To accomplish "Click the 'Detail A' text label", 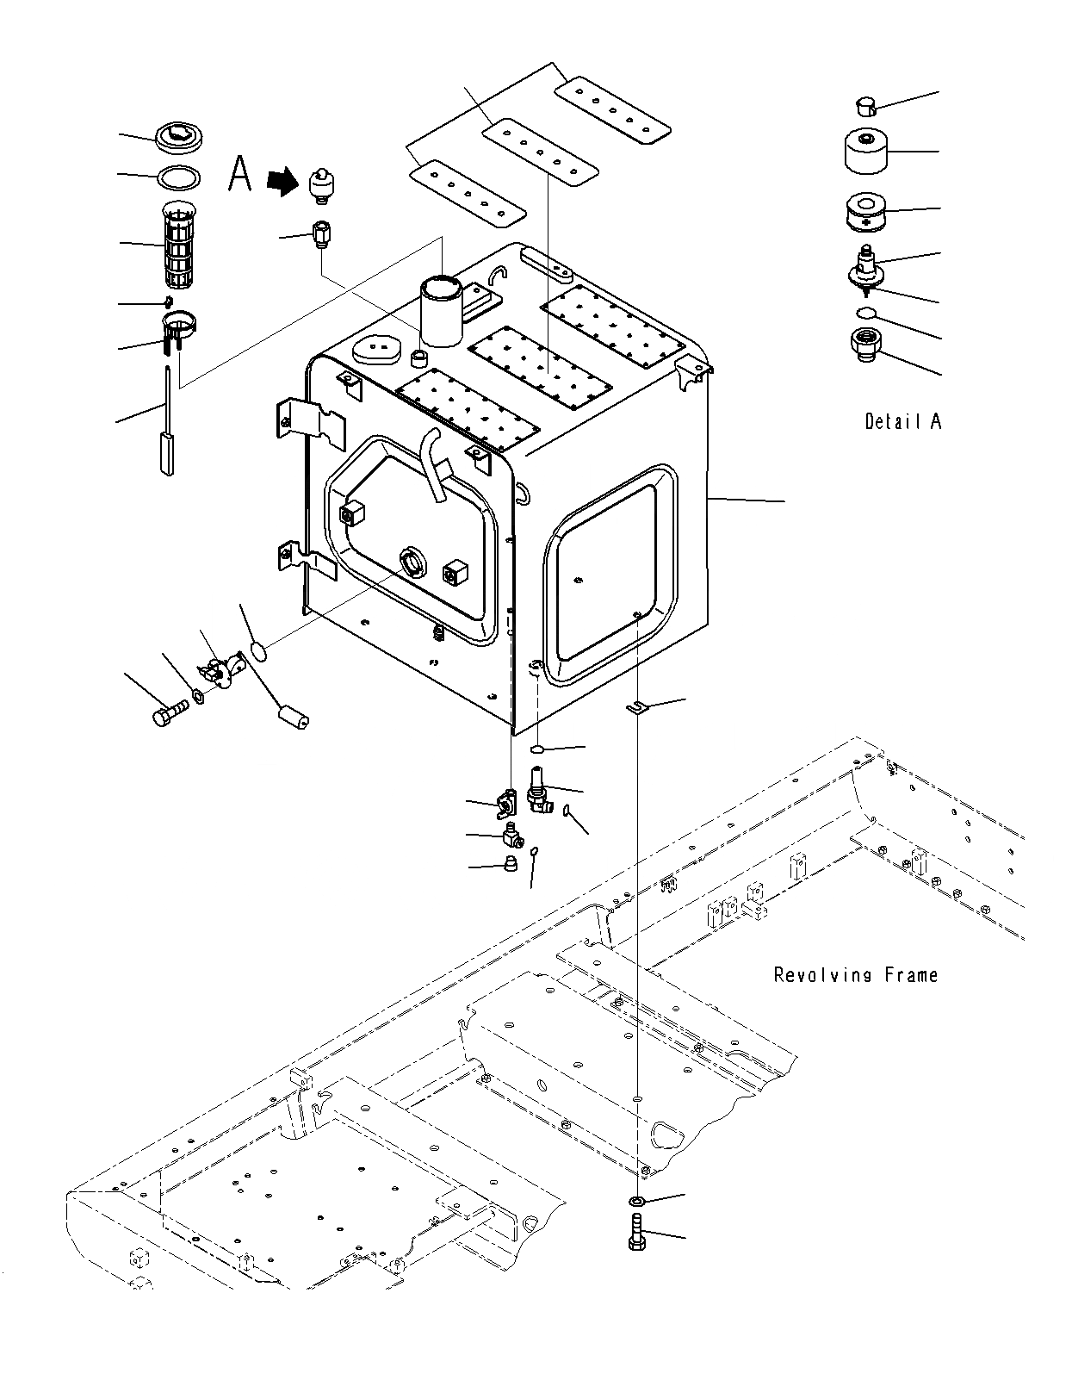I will (902, 421).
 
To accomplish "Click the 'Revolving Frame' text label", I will (855, 974).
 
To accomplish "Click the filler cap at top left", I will (179, 136).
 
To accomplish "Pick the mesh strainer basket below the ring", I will (181, 246).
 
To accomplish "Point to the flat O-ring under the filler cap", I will (179, 177).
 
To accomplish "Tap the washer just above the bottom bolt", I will (637, 1200).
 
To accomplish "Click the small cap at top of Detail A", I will (864, 106).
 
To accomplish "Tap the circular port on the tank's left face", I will (413, 562).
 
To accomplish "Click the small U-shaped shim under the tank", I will (635, 707).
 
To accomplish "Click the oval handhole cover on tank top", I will (376, 349).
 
